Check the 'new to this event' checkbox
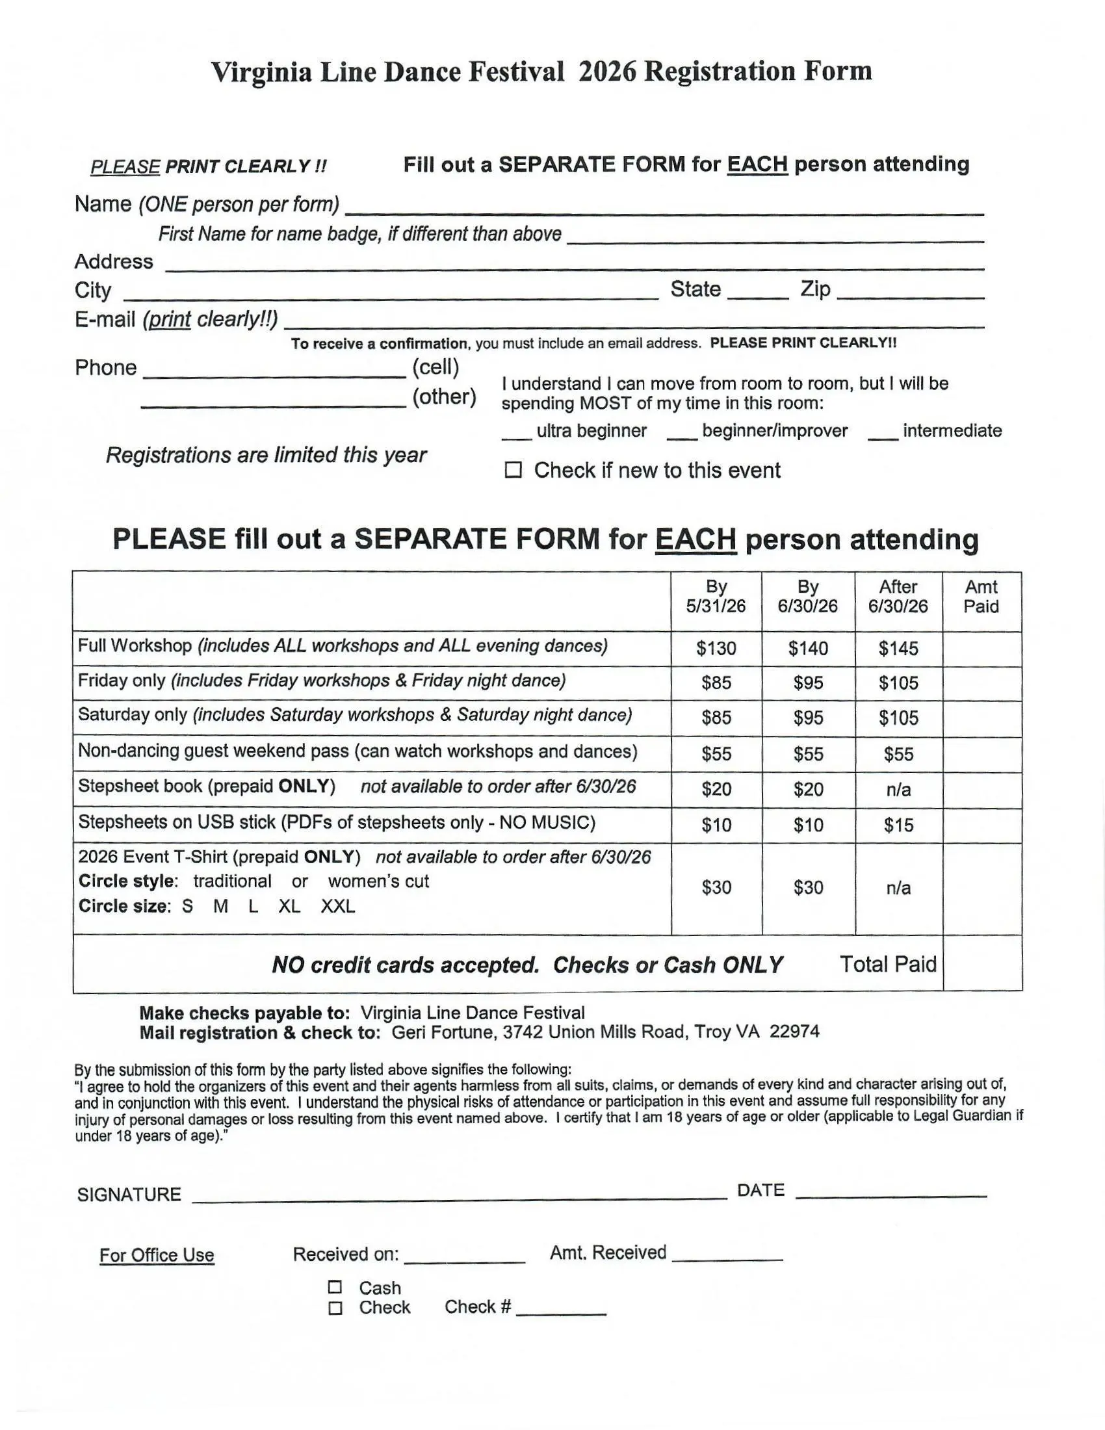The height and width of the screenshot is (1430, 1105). (513, 470)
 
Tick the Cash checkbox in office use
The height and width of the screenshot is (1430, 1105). (335, 1287)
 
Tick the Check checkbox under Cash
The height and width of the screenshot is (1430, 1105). (335, 1308)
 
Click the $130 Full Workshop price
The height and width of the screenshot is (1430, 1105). (716, 648)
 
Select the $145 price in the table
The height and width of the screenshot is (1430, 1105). (898, 648)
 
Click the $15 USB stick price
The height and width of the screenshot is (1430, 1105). (898, 825)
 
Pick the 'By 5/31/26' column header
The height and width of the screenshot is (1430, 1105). (716, 597)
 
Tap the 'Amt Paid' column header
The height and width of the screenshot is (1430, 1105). (981, 597)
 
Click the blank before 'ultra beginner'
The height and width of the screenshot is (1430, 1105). (517, 434)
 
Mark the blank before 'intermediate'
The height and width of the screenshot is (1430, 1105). (883, 434)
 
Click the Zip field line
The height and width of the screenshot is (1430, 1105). (910, 293)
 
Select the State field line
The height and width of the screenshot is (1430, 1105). (757, 293)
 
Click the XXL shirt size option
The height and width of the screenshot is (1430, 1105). (338, 906)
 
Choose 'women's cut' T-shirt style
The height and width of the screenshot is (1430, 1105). (378, 881)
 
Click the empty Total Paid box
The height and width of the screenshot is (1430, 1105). (982, 964)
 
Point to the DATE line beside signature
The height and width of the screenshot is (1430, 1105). (890, 1191)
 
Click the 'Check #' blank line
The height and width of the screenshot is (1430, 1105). (560, 1310)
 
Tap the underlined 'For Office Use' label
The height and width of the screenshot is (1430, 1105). (157, 1255)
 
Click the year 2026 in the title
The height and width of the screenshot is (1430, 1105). (607, 71)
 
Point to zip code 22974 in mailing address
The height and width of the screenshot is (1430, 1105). (794, 1032)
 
